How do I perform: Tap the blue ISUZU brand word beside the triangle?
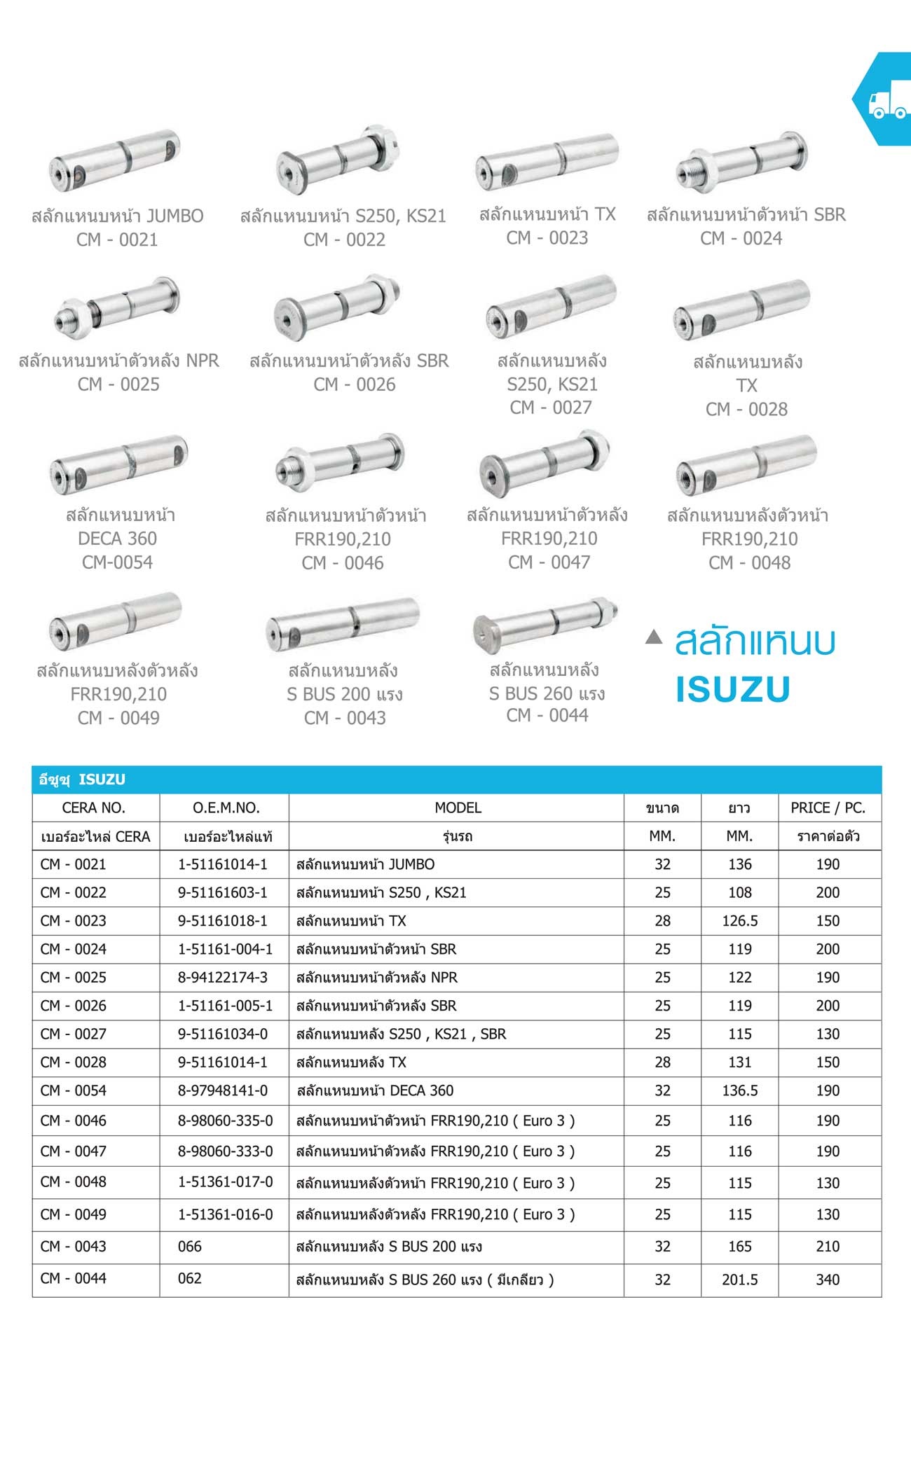click(x=732, y=689)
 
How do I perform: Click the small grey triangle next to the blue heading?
click(x=653, y=637)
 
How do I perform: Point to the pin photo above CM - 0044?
click(x=547, y=621)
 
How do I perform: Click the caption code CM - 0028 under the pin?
click(x=746, y=409)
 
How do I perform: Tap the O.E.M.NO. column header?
click(x=226, y=808)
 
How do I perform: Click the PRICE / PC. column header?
click(x=828, y=808)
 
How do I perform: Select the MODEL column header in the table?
click(x=458, y=808)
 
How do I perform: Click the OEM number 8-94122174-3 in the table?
click(x=223, y=977)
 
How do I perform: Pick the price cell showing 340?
click(x=828, y=1280)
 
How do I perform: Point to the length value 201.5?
click(x=739, y=1280)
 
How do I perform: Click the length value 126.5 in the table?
click(x=739, y=921)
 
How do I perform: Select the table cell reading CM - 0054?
click(x=74, y=1090)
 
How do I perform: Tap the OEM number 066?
click(x=190, y=1247)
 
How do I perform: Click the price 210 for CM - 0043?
click(x=828, y=1247)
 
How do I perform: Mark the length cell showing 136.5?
click(x=739, y=1090)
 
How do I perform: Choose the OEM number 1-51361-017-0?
click(x=225, y=1182)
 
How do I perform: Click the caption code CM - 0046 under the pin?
click(x=343, y=563)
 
